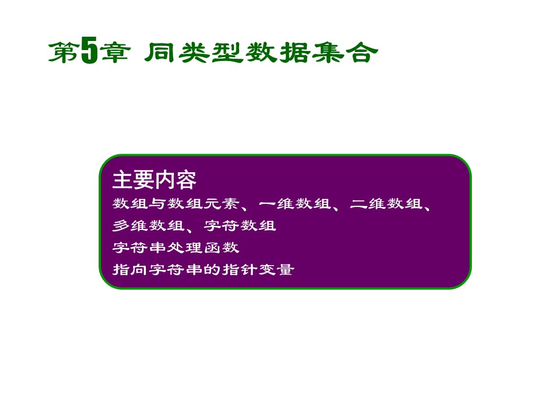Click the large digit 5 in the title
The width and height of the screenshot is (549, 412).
[89, 51]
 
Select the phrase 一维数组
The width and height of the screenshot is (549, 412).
[295, 204]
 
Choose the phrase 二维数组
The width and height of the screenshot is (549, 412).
[386, 204]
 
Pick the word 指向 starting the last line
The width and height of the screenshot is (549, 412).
[130, 270]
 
